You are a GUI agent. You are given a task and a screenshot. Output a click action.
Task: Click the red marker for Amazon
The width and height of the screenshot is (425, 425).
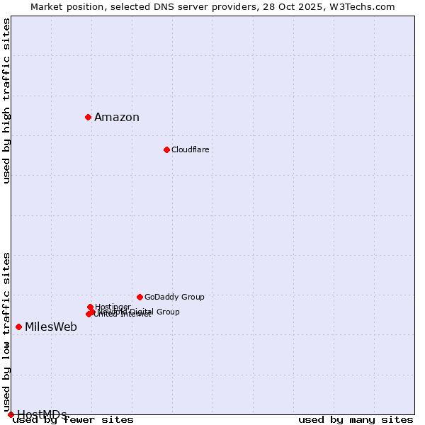tap(88, 117)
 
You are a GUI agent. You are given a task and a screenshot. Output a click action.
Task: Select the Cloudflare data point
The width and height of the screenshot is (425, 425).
tap(166, 149)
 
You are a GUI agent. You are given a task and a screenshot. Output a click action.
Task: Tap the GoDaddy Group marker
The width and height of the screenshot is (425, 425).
tap(140, 297)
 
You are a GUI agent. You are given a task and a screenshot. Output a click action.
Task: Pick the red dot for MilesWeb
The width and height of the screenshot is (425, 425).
tap(18, 327)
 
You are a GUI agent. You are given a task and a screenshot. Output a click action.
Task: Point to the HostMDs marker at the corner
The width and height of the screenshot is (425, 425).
tap(11, 414)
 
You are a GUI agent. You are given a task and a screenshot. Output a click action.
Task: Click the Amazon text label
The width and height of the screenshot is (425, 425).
tap(117, 118)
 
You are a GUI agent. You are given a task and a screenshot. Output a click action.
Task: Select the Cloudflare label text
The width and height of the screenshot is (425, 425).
tap(190, 149)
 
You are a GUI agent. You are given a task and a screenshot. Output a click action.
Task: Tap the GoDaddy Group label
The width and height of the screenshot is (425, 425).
tap(174, 297)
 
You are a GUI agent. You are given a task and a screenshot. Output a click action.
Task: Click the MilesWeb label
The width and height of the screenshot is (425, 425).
tap(51, 327)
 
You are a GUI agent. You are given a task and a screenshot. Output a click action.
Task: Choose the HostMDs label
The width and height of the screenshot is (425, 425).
tap(42, 414)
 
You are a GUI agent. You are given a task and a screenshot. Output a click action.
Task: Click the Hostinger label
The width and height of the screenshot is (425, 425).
tap(113, 307)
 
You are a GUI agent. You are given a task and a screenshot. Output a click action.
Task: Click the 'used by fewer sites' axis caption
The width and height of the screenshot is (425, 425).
tap(73, 420)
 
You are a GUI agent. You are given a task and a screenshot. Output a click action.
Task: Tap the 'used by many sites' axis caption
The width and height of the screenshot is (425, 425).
tap(356, 420)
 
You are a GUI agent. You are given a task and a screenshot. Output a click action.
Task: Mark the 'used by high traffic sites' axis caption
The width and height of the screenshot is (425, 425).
tap(6, 101)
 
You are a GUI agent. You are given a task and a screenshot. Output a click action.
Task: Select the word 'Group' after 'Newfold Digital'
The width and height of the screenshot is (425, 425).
tap(168, 312)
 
